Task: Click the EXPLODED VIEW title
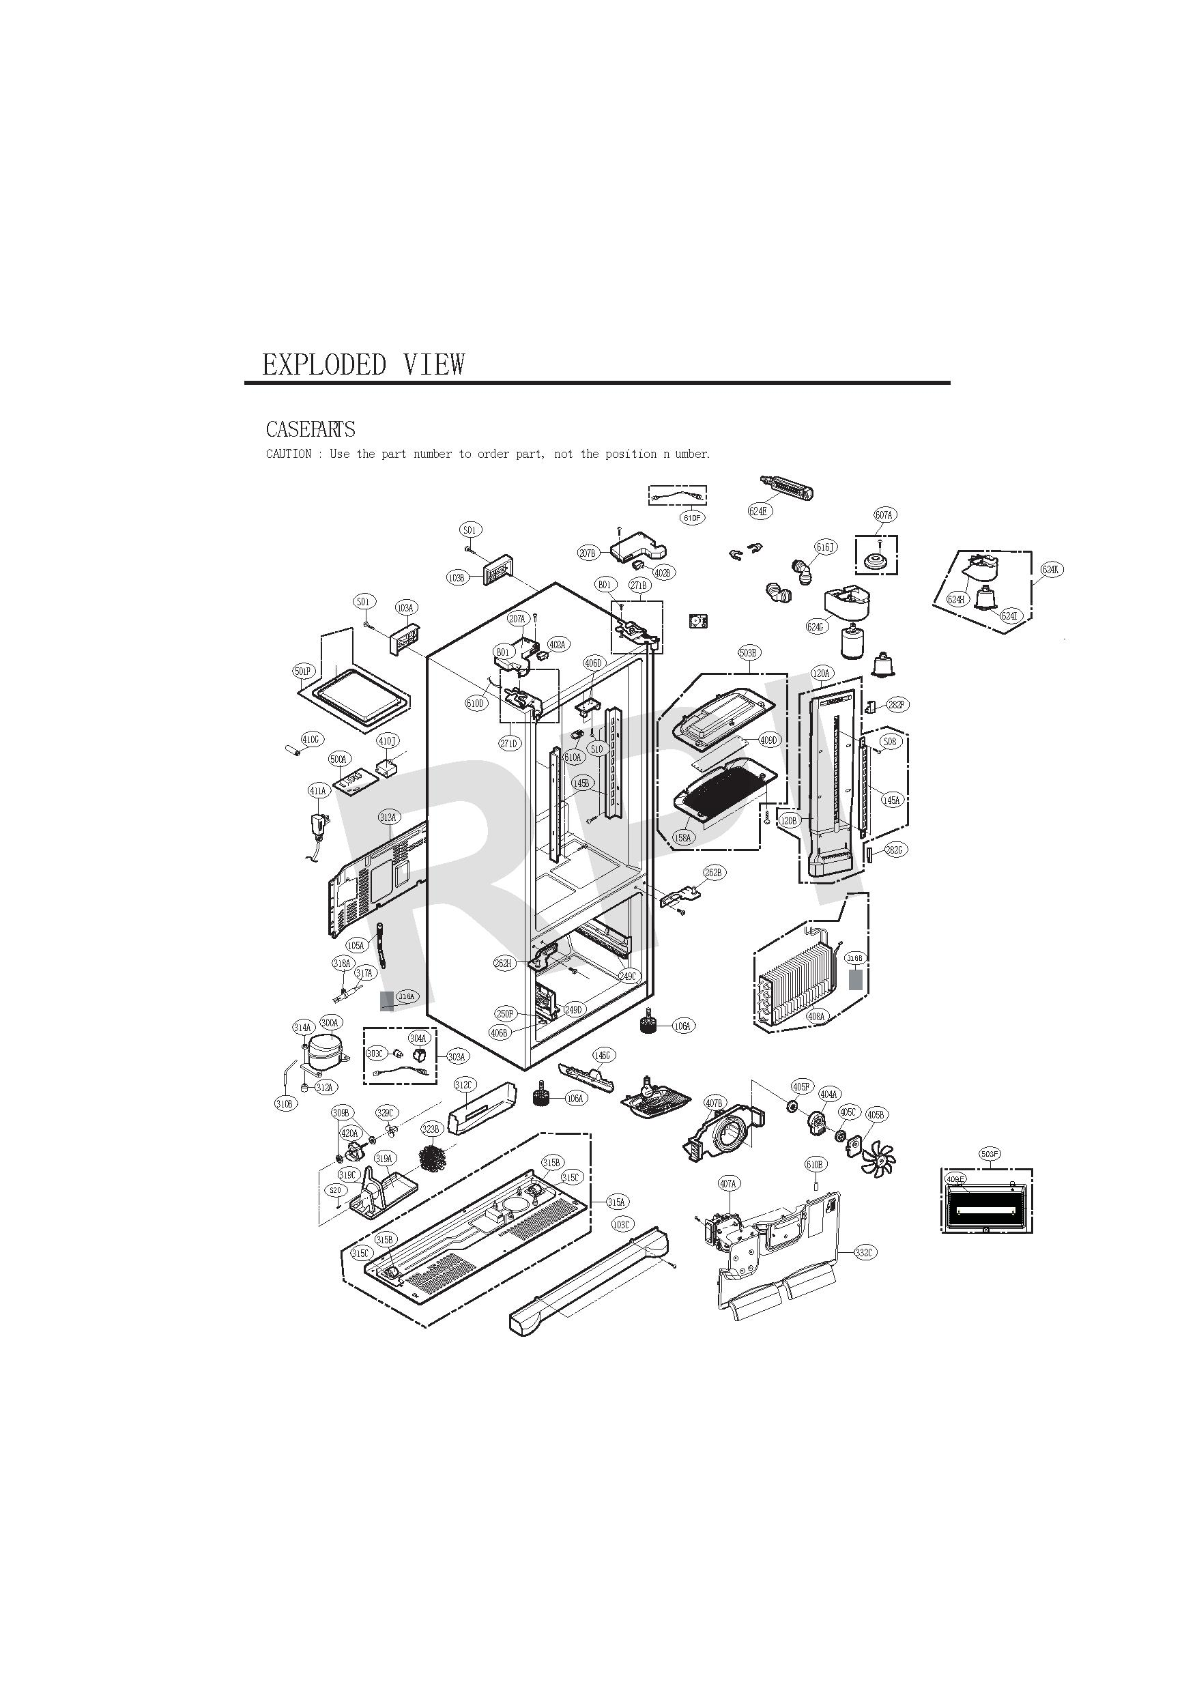[x=364, y=364]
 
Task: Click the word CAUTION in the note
[x=289, y=454]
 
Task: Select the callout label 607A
[x=884, y=515]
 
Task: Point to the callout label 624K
[x=1051, y=569]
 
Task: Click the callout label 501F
[x=303, y=671]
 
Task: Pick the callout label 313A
[x=388, y=817]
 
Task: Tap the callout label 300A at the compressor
[x=329, y=1022]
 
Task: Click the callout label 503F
[x=990, y=1153]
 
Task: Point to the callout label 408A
[x=816, y=1016]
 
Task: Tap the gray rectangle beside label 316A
[x=386, y=1000]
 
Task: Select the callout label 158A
[x=683, y=838]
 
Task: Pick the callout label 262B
[x=713, y=872]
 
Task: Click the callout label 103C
[x=622, y=1224]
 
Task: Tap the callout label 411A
[x=317, y=790]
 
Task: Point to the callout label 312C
[x=464, y=1085]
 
